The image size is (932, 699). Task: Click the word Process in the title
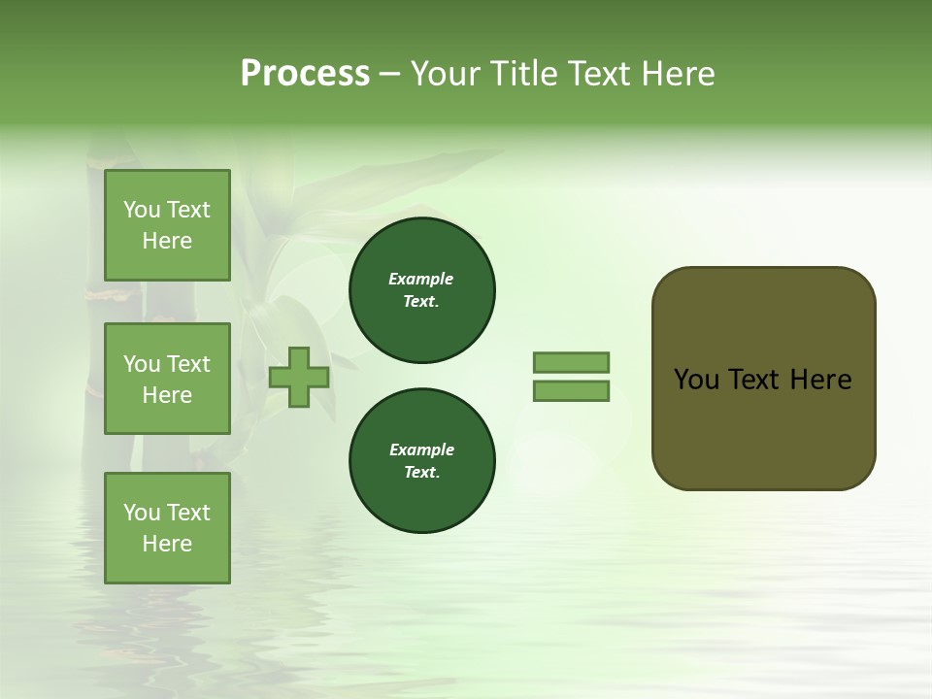pyautogui.click(x=305, y=74)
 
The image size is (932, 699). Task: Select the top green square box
pyautogui.click(x=167, y=225)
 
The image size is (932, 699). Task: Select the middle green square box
pyautogui.click(x=167, y=379)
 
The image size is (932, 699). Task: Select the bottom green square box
pyautogui.click(x=167, y=528)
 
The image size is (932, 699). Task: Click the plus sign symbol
pyautogui.click(x=299, y=377)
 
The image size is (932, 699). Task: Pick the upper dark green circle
pyautogui.click(x=421, y=289)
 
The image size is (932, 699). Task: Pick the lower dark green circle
pyautogui.click(x=421, y=460)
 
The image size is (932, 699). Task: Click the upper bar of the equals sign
pyautogui.click(x=571, y=362)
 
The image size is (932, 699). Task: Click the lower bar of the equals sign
pyautogui.click(x=571, y=391)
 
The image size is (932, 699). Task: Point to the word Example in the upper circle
pyautogui.click(x=421, y=279)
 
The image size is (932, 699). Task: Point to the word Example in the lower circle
pyautogui.click(x=421, y=449)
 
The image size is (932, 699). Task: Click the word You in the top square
pyautogui.click(x=142, y=210)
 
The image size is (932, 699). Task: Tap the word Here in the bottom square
pyautogui.click(x=167, y=544)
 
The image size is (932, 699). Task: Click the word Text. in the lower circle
pyautogui.click(x=421, y=472)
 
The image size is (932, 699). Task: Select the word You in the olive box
pyautogui.click(x=696, y=380)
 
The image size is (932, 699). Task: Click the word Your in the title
pyautogui.click(x=444, y=74)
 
